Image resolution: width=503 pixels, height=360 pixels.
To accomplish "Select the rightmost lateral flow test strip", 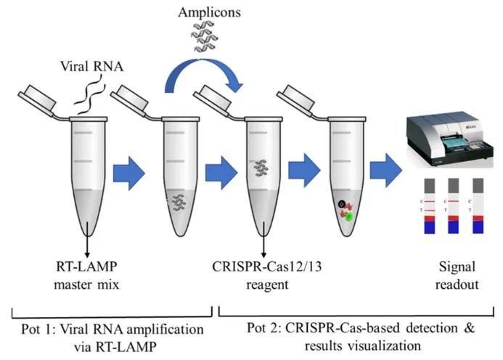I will point(479,206).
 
